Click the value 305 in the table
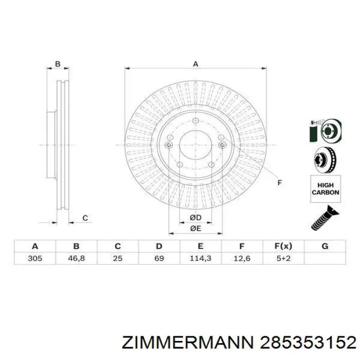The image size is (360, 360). click(x=34, y=258)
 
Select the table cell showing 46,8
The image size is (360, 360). click(x=76, y=258)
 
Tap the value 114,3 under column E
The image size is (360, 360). click(x=201, y=258)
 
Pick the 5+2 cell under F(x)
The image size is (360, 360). click(x=283, y=258)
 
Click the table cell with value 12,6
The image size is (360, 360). click(x=242, y=258)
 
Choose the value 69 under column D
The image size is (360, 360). click(x=159, y=258)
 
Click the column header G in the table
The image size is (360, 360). click(x=325, y=246)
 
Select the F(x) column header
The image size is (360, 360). click(x=283, y=246)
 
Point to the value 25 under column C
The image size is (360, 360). click(x=118, y=258)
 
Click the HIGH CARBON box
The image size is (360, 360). click(x=325, y=189)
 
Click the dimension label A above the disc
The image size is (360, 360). click(x=195, y=64)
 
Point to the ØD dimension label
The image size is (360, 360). click(x=195, y=218)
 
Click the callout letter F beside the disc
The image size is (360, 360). click(x=280, y=183)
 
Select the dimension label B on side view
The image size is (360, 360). click(x=58, y=64)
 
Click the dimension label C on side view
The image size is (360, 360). click(x=85, y=218)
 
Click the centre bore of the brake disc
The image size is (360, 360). click(x=195, y=145)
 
